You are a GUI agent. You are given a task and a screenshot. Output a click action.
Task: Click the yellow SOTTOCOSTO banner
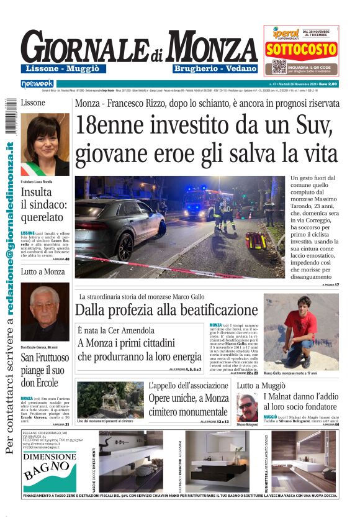pos(301,49)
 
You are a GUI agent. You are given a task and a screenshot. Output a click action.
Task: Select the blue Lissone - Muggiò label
pos(63,69)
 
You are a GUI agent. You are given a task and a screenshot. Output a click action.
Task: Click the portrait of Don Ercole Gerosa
pos(45,312)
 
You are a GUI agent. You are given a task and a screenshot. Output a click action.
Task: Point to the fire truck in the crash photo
pos(202,201)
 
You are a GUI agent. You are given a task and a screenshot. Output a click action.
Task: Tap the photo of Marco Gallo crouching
pos(301,332)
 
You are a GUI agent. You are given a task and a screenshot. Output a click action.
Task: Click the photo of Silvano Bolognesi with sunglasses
pos(247,407)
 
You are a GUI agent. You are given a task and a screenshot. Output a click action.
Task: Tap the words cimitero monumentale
pos(189,410)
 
